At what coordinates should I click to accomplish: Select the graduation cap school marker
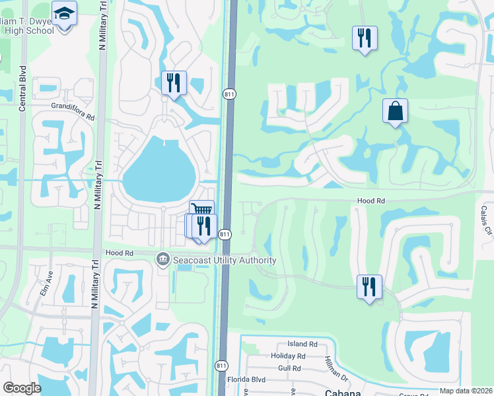coord(64,14)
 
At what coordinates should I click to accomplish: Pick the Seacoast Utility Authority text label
coord(225,260)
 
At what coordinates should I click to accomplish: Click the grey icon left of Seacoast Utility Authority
coord(162,260)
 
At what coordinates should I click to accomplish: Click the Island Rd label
coord(302,344)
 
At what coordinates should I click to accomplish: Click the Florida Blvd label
coord(246,380)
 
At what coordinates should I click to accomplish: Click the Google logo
coord(22,388)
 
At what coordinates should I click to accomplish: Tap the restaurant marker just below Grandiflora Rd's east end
coord(174,84)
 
